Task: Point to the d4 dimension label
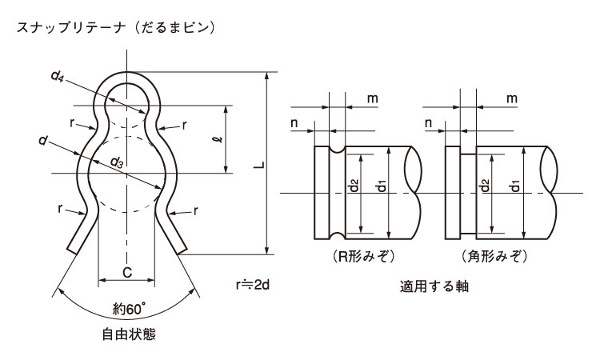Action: [x=57, y=76]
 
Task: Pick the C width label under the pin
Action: [x=127, y=272]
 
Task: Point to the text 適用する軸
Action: [x=434, y=286]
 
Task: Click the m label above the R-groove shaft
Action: [x=373, y=98]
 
